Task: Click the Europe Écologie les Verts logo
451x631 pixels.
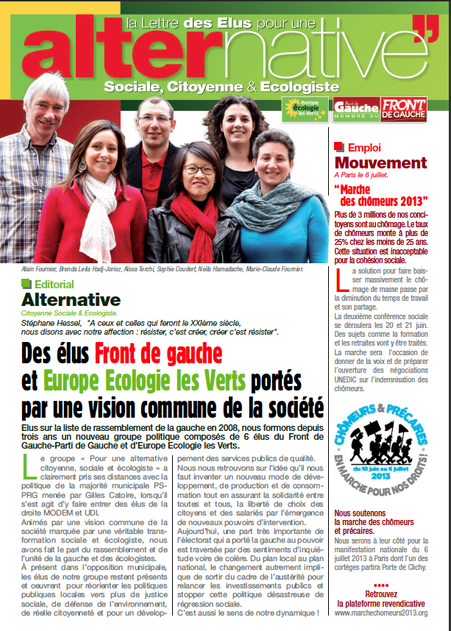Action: (302, 109)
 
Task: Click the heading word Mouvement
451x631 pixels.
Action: (380, 163)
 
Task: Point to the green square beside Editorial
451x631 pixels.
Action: (27, 283)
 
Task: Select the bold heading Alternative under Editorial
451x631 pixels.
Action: (71, 299)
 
